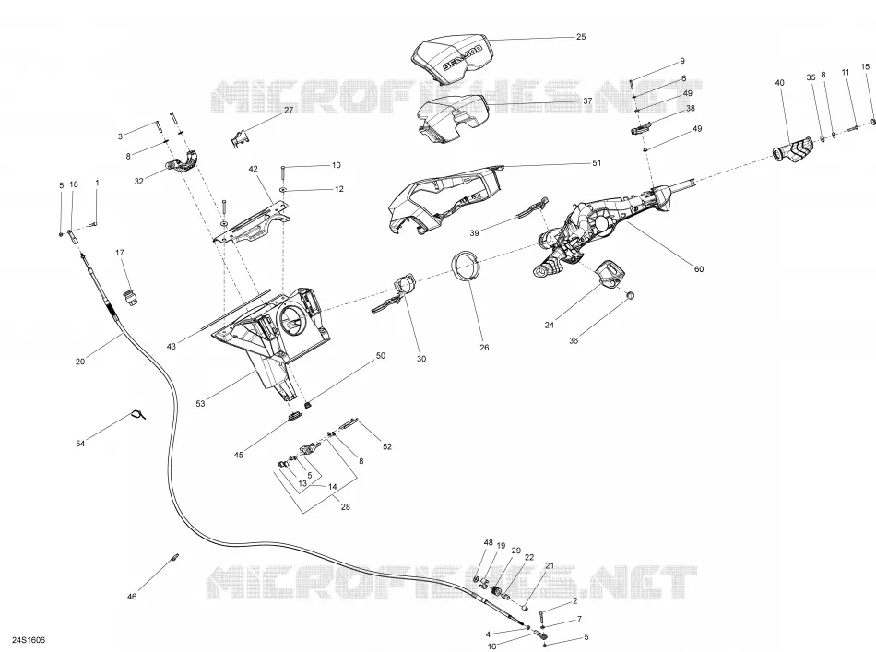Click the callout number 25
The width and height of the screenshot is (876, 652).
(x=580, y=37)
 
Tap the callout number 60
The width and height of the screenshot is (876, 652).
(x=698, y=269)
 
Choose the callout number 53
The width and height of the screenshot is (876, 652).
(x=201, y=403)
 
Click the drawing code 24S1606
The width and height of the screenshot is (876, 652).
(x=30, y=640)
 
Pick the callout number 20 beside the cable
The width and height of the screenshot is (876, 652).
(x=80, y=362)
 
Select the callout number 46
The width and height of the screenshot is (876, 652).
(x=131, y=597)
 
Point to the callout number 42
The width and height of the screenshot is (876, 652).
(x=253, y=169)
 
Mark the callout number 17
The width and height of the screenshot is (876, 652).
(x=120, y=253)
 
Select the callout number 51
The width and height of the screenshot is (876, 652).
(x=597, y=163)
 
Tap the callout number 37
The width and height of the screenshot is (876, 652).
(x=587, y=101)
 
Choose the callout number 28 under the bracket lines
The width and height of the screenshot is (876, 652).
(x=345, y=506)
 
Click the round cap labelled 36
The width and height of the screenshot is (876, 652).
(x=630, y=295)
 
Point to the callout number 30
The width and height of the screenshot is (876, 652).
(x=421, y=359)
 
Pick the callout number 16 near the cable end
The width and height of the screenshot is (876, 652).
(x=491, y=646)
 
